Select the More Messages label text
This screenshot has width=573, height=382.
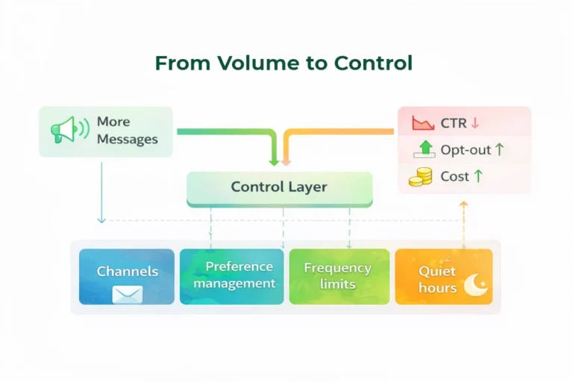127,131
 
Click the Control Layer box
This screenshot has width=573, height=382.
279,188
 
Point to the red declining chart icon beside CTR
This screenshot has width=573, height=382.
422,123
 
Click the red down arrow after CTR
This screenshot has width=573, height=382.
475,123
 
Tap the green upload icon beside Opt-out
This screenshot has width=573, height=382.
424,149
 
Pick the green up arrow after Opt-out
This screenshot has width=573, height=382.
499,150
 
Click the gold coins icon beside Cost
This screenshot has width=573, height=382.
421,177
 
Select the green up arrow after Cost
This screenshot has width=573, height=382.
477,177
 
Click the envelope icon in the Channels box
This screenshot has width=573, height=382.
127,293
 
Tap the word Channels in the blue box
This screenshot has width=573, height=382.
127,272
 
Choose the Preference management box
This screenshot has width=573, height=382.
232,276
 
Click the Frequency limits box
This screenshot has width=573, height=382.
339,276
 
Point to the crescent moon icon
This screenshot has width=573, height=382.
475,285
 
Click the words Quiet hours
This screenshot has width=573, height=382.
438,279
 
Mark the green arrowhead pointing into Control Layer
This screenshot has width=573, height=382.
274,161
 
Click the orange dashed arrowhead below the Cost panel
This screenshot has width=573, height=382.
463,203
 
